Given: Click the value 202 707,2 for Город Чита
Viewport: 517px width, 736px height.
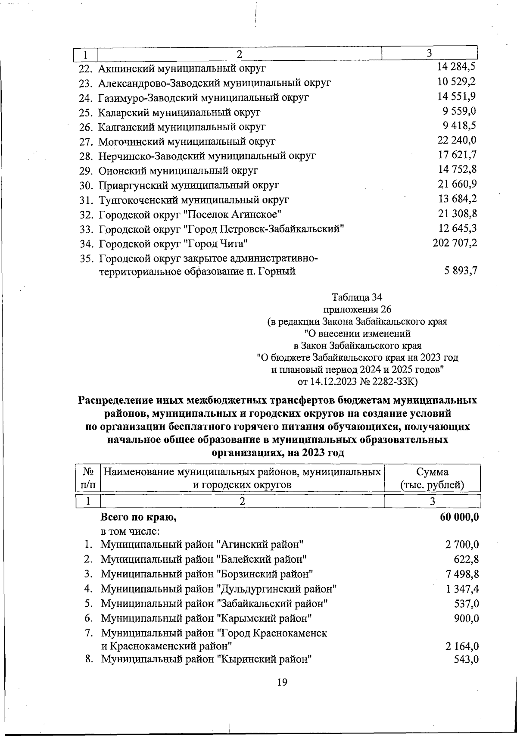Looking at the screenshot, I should [x=455, y=243].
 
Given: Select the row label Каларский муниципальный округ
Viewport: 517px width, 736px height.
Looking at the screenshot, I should [x=179, y=112].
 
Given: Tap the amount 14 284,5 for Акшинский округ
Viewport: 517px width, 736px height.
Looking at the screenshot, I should [x=456, y=67].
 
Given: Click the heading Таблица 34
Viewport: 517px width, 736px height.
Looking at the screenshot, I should [x=357, y=297].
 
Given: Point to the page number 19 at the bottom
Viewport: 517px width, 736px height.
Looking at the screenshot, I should [x=282, y=682].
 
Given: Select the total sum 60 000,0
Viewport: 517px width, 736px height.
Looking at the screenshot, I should [x=459, y=517].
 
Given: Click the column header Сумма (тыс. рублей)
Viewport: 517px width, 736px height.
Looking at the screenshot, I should [x=432, y=478].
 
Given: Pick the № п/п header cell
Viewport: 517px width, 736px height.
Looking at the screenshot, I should [x=88, y=478].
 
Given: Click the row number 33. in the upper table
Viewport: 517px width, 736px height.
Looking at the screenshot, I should [x=87, y=229].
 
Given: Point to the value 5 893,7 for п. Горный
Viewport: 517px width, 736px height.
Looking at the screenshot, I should [x=461, y=271].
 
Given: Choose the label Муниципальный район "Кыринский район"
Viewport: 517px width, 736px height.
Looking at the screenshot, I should [x=206, y=660].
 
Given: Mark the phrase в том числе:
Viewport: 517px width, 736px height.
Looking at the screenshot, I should [x=131, y=531].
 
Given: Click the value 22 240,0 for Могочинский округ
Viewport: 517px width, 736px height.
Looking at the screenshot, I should [x=457, y=140].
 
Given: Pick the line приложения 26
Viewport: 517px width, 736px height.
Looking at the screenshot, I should [x=357, y=309].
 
